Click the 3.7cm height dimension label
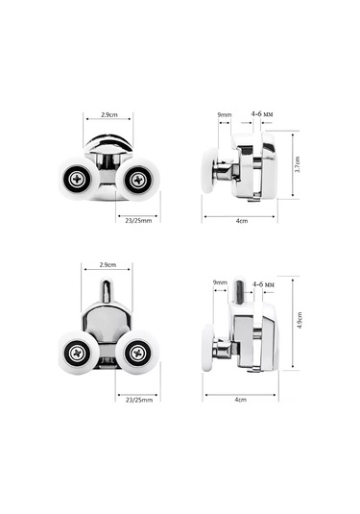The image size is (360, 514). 297,164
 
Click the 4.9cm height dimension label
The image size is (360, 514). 300,320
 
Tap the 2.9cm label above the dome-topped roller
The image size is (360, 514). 109,115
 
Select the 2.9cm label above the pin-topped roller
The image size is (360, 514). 108,265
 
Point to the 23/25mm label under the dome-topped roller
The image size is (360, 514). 138,221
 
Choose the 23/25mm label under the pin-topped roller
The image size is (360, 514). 139,400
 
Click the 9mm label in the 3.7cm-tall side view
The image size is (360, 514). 225,114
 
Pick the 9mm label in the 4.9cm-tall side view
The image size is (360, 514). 220,282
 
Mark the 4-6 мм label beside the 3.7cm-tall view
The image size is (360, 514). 262,114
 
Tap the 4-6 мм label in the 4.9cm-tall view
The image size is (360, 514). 263,284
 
